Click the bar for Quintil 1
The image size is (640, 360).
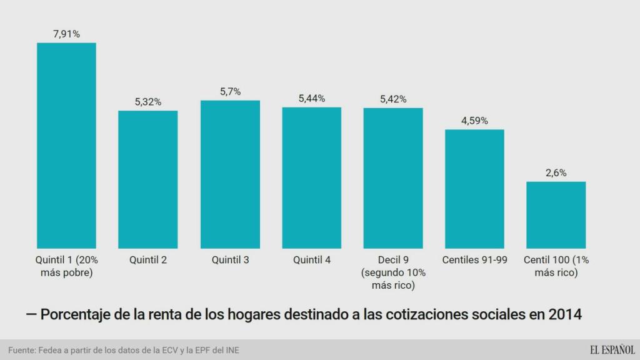(66, 146)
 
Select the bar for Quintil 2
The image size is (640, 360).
(148, 179)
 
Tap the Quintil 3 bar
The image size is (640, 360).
(230, 174)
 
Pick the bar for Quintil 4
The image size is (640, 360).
(311, 178)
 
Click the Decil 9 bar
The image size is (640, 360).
(393, 178)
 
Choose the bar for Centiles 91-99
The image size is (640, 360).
(474, 189)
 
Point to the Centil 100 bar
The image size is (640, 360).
(556, 215)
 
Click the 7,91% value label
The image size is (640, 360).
(66, 34)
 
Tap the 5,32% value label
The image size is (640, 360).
(148, 102)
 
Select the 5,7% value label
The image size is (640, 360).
(230, 91)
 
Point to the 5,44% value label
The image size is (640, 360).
(311, 98)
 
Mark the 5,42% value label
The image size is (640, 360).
(393, 99)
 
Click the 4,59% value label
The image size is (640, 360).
(474, 121)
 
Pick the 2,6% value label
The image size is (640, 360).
(556, 172)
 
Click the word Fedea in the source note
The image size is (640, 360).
(51, 350)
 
